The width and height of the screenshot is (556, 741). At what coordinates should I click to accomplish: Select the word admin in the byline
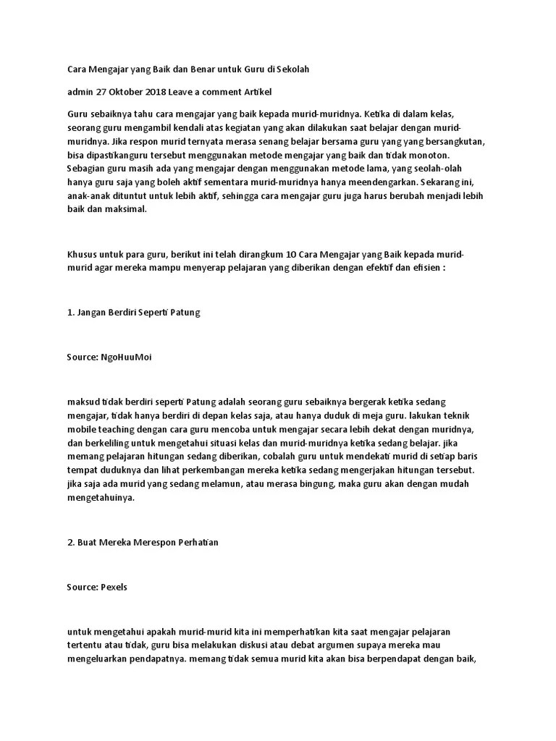(x=80, y=92)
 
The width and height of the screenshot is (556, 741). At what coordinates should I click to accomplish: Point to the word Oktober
(x=125, y=92)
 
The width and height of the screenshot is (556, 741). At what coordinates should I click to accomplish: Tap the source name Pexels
(x=113, y=587)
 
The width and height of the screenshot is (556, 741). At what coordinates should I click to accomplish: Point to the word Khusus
(x=83, y=255)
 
